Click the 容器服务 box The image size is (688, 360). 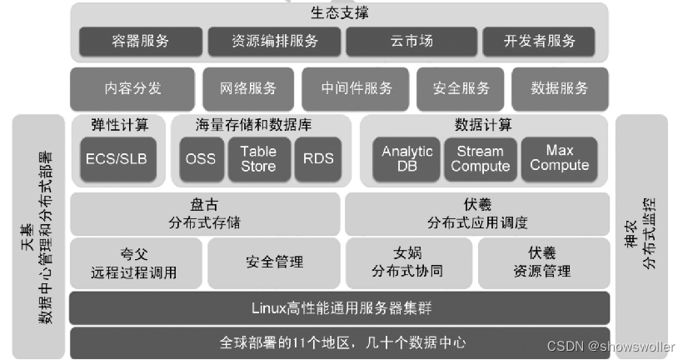tap(140, 41)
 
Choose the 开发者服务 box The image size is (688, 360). tap(540, 41)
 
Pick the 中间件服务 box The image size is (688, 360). tap(356, 88)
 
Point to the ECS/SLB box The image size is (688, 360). tap(117, 158)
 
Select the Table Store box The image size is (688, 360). tap(258, 158)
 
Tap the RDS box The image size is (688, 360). tap(318, 158)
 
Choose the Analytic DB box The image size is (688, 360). tap(407, 158)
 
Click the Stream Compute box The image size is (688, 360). tap(481, 158)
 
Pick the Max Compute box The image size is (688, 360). tap(560, 158)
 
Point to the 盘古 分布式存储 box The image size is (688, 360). tap(204, 213)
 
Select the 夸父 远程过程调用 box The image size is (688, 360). tap(136, 262)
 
